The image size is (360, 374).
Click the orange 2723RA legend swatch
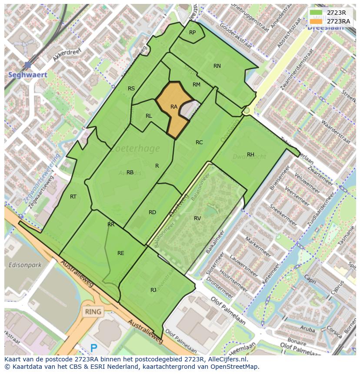click(x=316, y=21)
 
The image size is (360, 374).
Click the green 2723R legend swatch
click(x=316, y=13)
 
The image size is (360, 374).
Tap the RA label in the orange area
click(x=174, y=107)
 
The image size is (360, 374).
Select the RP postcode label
click(x=192, y=33)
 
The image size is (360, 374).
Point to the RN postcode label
click(x=217, y=66)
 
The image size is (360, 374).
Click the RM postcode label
click(x=197, y=85)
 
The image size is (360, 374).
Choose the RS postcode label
click(x=131, y=89)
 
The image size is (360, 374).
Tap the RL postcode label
click(x=149, y=116)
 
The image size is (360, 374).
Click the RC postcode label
click(x=199, y=142)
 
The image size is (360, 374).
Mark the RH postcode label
click(x=250, y=155)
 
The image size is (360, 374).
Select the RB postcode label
click(x=130, y=172)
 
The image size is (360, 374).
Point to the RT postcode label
click(x=73, y=197)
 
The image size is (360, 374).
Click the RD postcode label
click(x=152, y=212)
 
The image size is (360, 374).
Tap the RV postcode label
click(x=197, y=218)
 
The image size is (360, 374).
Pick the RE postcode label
click(x=121, y=253)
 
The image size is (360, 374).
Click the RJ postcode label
click(x=153, y=290)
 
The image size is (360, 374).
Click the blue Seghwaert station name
click(x=27, y=75)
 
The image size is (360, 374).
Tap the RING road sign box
click(x=93, y=311)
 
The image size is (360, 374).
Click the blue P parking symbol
click(x=93, y=348)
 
